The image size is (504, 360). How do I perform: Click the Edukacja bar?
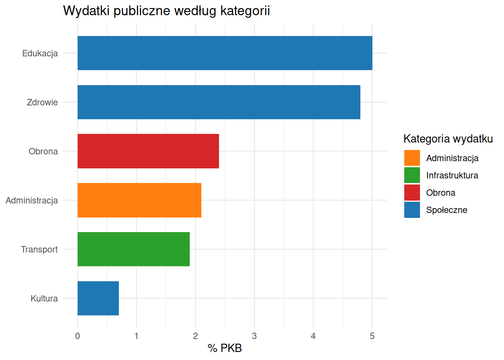click(225, 53)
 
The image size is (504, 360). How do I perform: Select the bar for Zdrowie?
click(219, 102)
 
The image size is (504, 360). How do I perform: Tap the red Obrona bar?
click(148, 151)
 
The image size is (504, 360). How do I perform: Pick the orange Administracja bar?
click(139, 200)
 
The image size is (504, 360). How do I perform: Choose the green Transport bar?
click(133, 249)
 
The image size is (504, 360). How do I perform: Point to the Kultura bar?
click(98, 298)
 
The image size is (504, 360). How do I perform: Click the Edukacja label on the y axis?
click(40, 53)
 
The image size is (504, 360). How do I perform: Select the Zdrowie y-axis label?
click(42, 102)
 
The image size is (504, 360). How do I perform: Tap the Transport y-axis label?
click(39, 249)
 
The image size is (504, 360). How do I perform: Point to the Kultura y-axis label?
click(44, 298)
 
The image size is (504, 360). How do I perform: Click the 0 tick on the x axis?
click(78, 336)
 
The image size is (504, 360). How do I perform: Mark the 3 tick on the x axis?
click(254, 336)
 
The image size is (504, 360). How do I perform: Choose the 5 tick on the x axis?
click(372, 336)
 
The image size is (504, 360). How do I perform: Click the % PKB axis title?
click(225, 348)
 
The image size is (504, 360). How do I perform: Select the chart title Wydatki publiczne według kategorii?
click(166, 11)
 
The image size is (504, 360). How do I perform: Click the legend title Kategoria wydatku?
click(448, 139)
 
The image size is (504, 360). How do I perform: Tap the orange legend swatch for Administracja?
click(412, 158)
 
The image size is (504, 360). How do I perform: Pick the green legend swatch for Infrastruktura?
click(412, 175)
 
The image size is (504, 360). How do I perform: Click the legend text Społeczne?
click(447, 210)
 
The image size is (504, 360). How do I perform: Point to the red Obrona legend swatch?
click(412, 192)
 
